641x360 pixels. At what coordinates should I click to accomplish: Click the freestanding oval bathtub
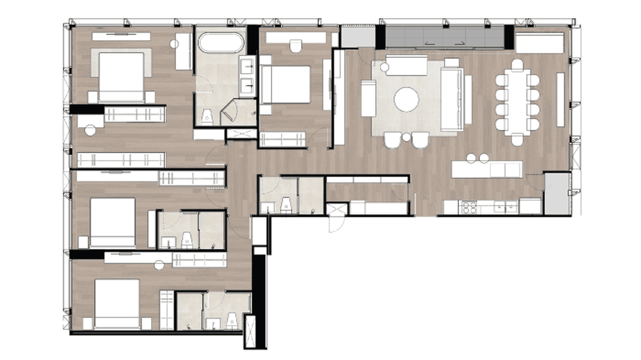221,42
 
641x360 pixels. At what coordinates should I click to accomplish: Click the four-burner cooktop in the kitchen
469,207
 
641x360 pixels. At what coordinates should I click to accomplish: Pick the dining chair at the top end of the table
517,64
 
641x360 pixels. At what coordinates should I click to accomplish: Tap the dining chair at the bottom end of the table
517,140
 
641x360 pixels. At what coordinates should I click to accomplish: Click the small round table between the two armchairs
406,138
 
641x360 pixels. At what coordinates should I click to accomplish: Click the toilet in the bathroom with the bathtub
207,116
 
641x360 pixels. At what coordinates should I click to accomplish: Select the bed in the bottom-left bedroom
117,304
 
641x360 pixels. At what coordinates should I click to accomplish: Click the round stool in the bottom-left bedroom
159,264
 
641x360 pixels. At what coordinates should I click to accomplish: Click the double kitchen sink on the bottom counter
506,207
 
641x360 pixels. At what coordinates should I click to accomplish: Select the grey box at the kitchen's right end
557,194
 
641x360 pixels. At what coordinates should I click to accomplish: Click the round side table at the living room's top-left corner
385,67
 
